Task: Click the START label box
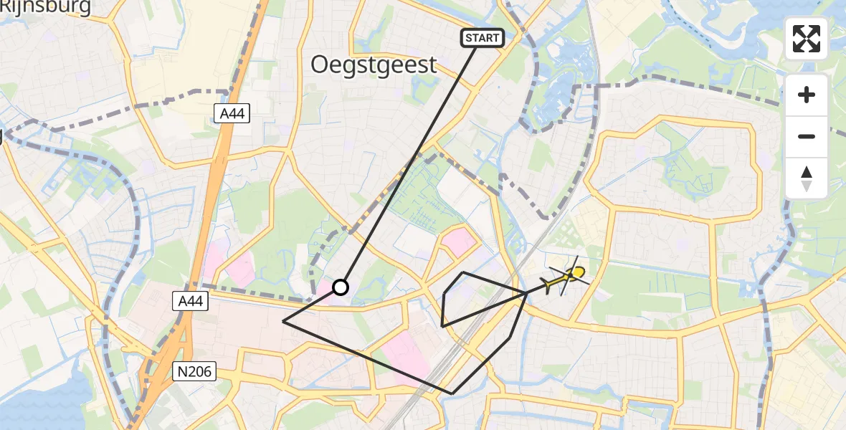(483, 38)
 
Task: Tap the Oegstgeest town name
(374, 65)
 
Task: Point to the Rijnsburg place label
(46, 7)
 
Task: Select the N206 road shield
(195, 371)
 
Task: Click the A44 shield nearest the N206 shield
(190, 302)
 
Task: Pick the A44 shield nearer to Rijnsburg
(232, 113)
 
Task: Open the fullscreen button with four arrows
(807, 39)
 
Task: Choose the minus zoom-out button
(807, 136)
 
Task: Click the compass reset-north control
(807, 178)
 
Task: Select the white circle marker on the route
(341, 287)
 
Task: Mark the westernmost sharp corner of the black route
(284, 322)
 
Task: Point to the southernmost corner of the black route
(452, 393)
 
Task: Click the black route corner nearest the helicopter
(527, 292)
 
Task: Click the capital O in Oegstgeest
(320, 65)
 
